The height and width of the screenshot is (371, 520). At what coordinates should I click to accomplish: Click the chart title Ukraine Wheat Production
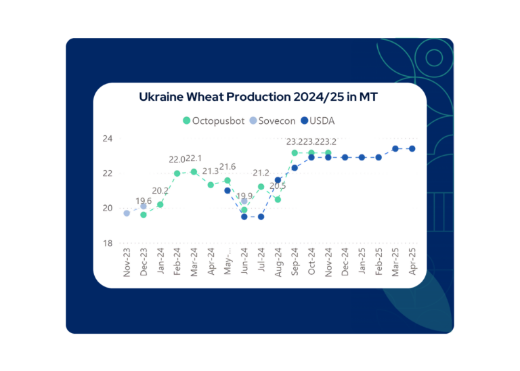(258, 97)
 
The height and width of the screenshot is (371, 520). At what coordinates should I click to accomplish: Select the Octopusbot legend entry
(211, 121)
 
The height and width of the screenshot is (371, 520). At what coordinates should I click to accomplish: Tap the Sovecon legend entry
(272, 121)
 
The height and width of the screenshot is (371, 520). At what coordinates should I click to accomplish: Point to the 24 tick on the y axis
(108, 138)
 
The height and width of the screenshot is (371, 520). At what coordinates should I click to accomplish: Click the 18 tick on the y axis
(108, 243)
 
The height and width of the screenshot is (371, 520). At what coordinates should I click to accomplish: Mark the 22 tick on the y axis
(108, 173)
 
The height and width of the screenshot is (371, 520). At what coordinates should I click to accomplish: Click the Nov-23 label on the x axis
(127, 261)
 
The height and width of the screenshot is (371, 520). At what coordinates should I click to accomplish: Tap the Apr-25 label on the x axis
(412, 261)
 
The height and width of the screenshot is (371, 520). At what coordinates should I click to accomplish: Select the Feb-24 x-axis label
(177, 261)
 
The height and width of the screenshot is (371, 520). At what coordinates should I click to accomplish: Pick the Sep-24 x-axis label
(295, 261)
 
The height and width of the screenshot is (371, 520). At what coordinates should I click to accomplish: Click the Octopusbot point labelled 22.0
(177, 173)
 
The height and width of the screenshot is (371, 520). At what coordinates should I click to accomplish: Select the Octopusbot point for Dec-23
(144, 215)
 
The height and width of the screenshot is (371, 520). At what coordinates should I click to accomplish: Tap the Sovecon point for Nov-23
(127, 213)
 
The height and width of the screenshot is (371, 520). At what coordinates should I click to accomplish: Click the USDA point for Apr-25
(412, 148)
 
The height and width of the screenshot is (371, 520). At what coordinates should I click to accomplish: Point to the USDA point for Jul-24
(261, 217)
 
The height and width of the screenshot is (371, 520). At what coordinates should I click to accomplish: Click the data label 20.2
(160, 191)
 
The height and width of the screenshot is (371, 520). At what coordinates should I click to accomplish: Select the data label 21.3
(211, 171)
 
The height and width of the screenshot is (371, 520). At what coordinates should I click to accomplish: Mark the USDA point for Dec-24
(345, 157)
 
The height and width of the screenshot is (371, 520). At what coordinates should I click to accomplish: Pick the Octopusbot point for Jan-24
(160, 204)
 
